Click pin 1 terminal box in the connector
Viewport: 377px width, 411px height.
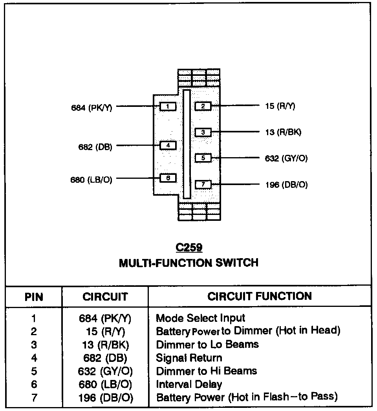tap(168, 106)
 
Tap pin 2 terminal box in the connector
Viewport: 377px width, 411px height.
tap(203, 106)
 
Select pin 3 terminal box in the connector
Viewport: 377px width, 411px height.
tap(203, 132)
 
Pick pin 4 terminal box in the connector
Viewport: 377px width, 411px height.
tap(168, 145)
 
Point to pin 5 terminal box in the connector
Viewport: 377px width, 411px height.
tap(203, 158)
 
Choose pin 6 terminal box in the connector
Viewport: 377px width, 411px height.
tap(168, 178)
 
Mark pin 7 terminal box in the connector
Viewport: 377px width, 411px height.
tap(203, 184)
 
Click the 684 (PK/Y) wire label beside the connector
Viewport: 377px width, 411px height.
tap(92, 108)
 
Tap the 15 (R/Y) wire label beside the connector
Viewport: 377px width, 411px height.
tap(280, 106)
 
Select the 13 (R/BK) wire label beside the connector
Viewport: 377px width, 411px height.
tap(283, 132)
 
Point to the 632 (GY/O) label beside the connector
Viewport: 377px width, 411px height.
tap(286, 158)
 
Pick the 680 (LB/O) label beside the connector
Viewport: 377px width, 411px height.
tap(91, 180)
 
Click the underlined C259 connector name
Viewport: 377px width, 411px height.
tap(189, 248)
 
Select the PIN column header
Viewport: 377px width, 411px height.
tap(34, 297)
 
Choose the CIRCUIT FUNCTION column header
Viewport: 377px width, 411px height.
tap(260, 296)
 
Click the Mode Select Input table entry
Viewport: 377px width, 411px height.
tap(200, 318)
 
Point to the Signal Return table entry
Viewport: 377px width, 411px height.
tap(189, 358)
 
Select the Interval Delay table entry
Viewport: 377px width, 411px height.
tap(189, 384)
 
